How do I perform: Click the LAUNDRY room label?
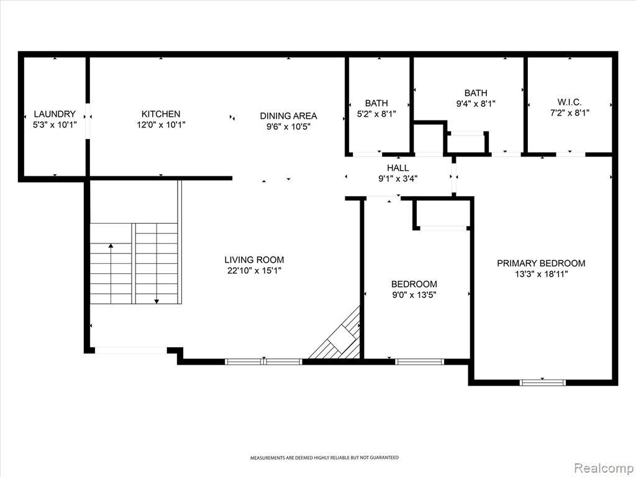(55, 114)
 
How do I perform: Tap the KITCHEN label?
(161, 114)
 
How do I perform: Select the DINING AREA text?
(288, 116)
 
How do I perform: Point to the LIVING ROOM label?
(254, 260)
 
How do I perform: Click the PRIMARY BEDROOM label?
(541, 263)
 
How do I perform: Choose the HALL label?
(398, 168)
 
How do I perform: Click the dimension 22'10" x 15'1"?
(254, 271)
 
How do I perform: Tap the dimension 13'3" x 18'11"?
(541, 274)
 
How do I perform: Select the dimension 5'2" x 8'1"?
(376, 114)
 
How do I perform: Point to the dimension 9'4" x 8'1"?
(476, 104)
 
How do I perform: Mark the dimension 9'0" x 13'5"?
(414, 295)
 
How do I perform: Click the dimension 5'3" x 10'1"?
(55, 124)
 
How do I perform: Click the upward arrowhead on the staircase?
(111, 245)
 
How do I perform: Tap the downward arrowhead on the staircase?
(157, 301)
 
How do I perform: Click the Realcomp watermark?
(603, 468)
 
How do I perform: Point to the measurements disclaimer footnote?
(324, 458)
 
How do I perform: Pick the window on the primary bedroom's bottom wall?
(543, 382)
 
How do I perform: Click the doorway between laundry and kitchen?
(88, 121)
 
